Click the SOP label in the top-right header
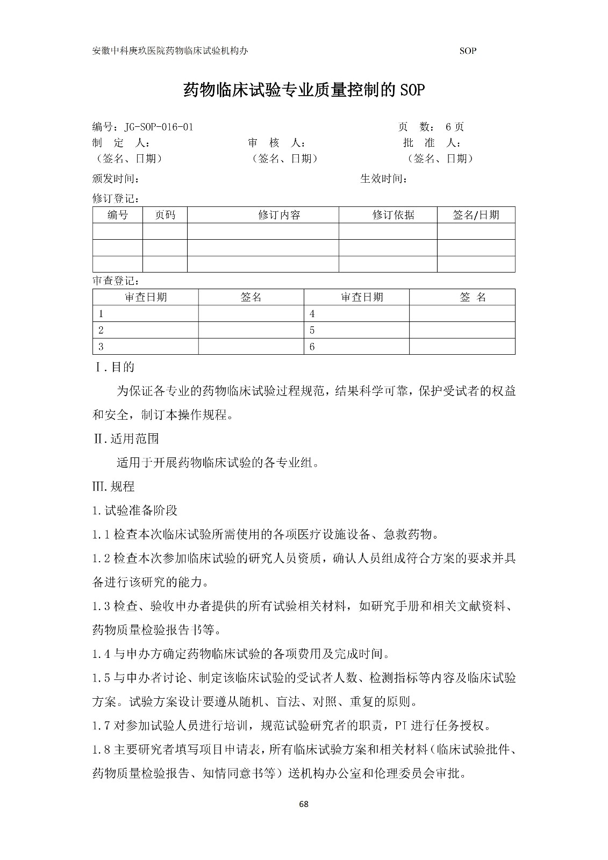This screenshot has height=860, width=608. pos(468,51)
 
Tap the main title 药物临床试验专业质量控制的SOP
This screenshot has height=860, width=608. pos(304,90)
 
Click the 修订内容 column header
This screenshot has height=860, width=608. pos(279,215)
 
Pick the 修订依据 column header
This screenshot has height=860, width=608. pos(393,215)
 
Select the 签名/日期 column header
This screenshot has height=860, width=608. pos(476,215)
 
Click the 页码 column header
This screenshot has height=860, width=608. pos(165,215)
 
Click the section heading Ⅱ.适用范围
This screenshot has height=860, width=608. pos(126,439)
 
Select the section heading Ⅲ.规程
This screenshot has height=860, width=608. pos(114,486)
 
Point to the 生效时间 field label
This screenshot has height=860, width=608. pos(383,178)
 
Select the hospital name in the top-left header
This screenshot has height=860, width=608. pos(170,51)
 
